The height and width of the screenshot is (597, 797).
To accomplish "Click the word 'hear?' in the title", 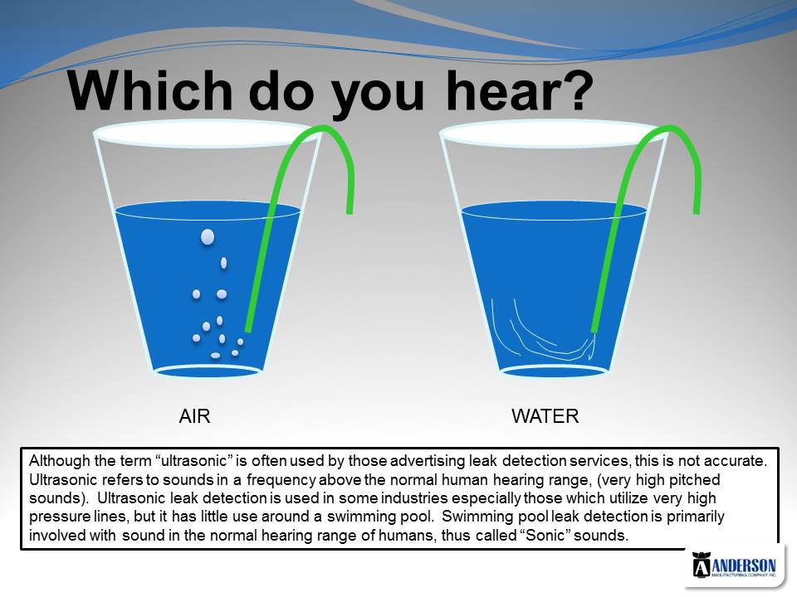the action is pos(520,90).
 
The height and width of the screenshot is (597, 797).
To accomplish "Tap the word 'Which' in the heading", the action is pos(150,90).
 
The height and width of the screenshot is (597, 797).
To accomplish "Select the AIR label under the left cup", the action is pos(194,416).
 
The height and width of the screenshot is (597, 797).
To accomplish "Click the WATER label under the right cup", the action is pos(545,416).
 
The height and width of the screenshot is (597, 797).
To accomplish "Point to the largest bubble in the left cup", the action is pos(208,237).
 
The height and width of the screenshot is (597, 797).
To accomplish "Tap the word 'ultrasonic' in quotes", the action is pos(193,461).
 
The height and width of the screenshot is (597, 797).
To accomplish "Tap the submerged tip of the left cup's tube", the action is pos(248,330).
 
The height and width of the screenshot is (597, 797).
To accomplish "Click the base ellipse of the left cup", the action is pos(208,371).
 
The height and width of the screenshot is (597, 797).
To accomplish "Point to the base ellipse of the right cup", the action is pos(555,371).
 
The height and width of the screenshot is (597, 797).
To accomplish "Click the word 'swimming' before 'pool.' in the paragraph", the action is pos(359,517).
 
